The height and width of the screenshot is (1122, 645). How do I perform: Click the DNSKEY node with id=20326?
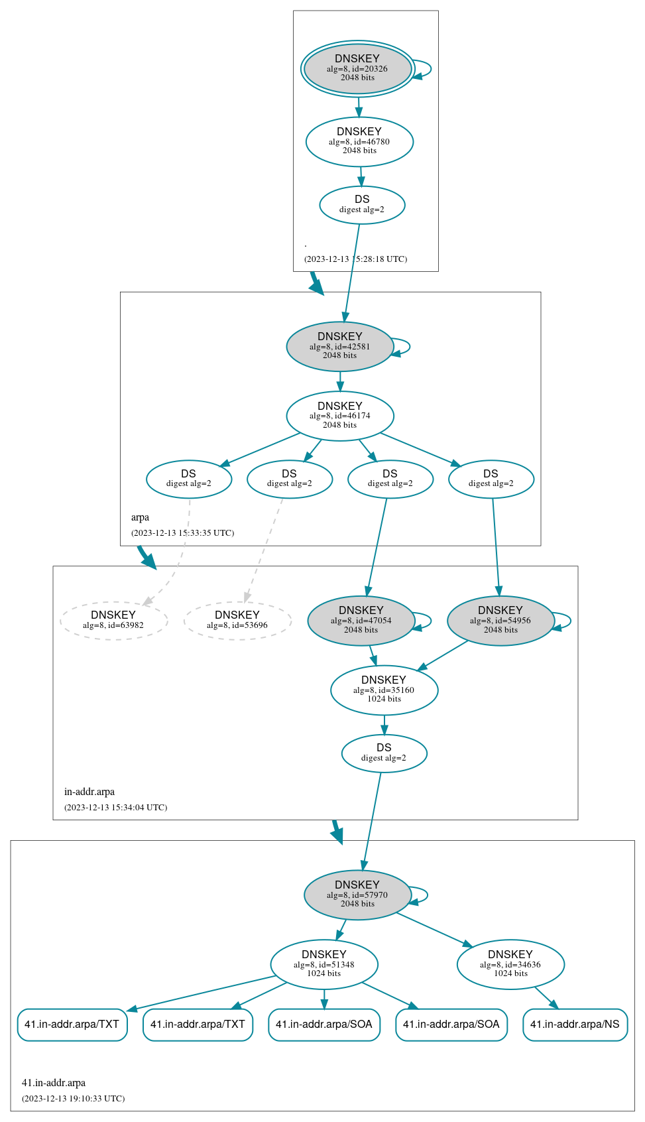coord(357,68)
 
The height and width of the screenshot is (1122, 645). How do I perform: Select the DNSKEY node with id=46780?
coord(359,141)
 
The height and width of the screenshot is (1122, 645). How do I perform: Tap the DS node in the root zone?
coord(362,204)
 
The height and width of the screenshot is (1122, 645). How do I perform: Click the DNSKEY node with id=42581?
coord(340,346)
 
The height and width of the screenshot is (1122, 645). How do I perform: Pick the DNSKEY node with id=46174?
coord(340,416)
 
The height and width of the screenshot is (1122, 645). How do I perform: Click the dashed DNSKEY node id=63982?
coord(113,620)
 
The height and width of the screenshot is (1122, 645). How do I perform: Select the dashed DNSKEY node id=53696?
coord(237,620)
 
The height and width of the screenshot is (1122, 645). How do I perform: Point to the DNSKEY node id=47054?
coord(361,620)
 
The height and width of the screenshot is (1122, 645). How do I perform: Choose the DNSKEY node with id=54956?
coord(500,620)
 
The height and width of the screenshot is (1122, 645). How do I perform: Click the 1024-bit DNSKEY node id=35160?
coord(384,690)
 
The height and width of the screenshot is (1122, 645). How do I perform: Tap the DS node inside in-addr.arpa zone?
coord(384,753)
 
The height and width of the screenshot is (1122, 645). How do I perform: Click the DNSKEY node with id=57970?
coord(357,895)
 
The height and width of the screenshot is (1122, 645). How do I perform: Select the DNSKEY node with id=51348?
coord(324,964)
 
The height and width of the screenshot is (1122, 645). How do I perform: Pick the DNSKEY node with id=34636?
coord(510,964)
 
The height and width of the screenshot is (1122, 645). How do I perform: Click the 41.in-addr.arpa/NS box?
coord(575,1025)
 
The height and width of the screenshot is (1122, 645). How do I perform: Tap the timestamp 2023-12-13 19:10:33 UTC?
coord(73,1099)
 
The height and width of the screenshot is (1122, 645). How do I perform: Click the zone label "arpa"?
coord(140,517)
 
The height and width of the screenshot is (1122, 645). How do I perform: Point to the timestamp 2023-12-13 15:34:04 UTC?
coord(115,808)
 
